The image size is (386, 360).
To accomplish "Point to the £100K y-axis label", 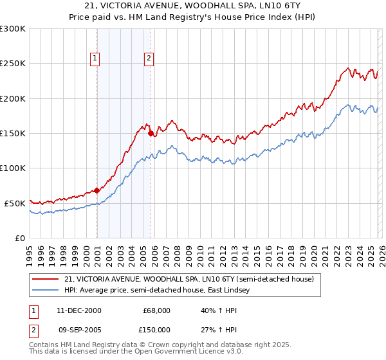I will click(13, 168).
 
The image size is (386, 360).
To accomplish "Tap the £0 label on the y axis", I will click(19, 238).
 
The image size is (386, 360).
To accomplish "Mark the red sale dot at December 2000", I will click(96, 190).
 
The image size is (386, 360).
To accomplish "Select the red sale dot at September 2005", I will click(151, 134).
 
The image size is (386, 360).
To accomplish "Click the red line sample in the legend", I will click(46, 280).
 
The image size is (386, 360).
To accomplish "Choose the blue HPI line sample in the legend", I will click(46, 291).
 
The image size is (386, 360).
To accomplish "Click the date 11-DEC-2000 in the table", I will click(79, 310).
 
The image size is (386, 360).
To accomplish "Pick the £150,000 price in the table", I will click(156, 330).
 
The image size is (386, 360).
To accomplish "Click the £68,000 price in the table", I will click(156, 310).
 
